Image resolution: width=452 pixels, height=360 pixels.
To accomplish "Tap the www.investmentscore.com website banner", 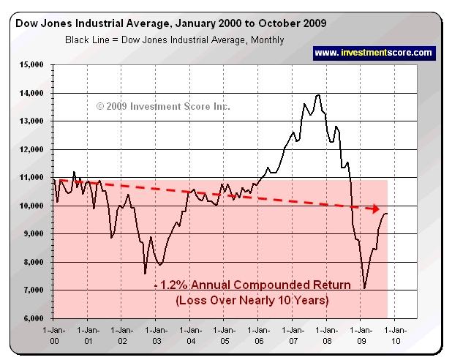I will [374, 53].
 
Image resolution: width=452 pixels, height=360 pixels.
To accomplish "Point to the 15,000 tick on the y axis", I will [34, 65].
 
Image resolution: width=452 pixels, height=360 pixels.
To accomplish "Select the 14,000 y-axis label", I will [34, 94].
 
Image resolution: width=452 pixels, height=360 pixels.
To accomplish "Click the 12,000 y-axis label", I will [34, 149].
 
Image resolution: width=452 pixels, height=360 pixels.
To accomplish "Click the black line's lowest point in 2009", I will [364, 288].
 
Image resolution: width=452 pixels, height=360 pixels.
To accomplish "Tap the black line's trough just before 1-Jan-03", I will [145, 273].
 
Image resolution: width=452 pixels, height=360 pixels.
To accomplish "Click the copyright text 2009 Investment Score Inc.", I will [163, 107].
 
